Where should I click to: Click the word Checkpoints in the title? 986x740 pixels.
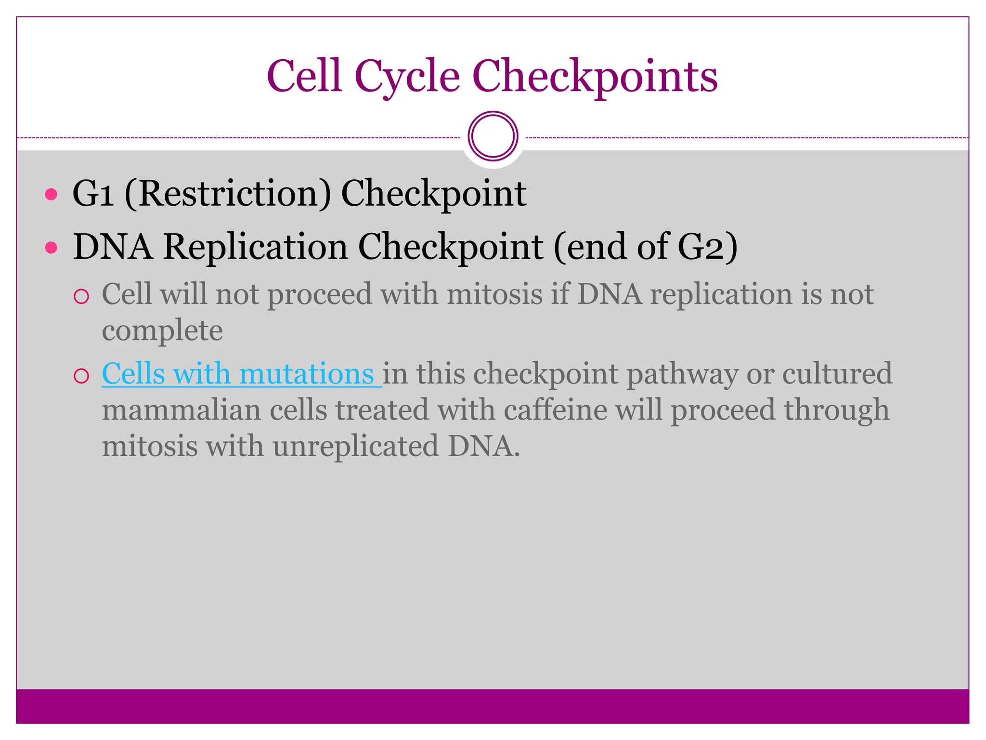(x=595, y=76)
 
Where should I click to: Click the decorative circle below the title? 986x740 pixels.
(x=493, y=136)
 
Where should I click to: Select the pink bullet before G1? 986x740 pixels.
(x=51, y=195)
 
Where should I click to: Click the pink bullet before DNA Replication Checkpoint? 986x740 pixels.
(x=51, y=248)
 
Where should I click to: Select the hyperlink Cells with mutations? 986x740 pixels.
(x=238, y=374)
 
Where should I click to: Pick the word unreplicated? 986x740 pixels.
(x=356, y=446)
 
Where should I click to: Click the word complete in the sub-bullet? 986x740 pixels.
(x=162, y=331)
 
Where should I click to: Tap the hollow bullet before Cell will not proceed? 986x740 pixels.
(x=81, y=296)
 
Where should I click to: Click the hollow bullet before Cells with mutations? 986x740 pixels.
(x=81, y=376)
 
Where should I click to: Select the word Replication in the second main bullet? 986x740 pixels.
(x=255, y=247)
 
